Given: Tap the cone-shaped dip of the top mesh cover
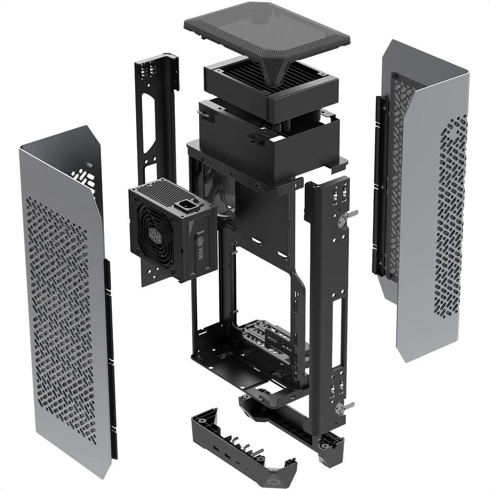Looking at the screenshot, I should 275,71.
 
